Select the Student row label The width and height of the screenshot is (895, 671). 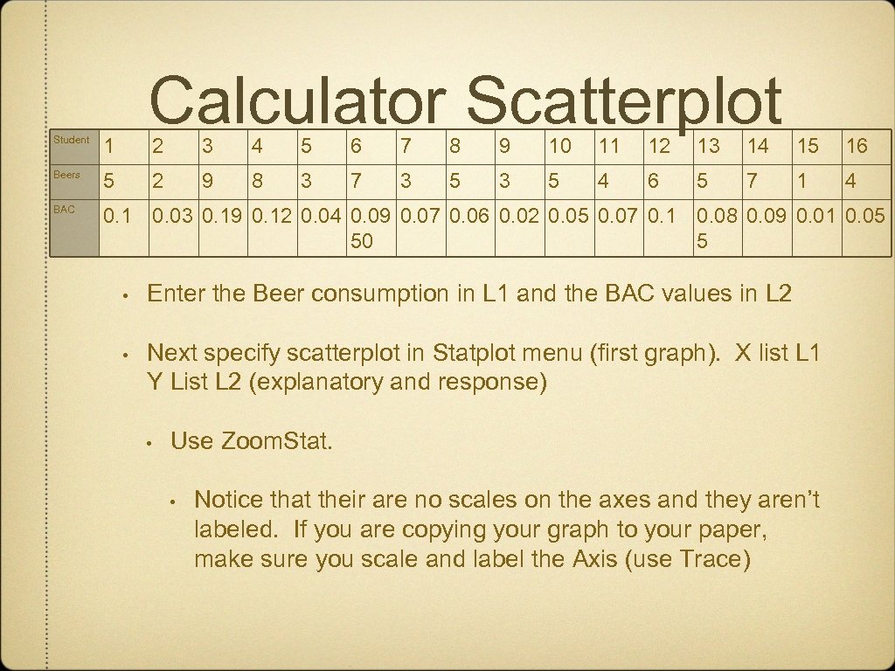[71, 140]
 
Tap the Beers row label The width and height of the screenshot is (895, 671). [66, 175]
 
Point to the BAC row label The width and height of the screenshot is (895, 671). [64, 210]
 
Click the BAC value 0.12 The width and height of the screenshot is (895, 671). [274, 215]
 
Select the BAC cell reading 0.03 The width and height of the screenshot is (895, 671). [174, 215]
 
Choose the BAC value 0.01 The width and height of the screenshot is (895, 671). [817, 215]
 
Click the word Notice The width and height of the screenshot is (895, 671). [228, 500]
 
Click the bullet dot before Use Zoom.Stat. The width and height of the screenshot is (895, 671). [151, 442]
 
